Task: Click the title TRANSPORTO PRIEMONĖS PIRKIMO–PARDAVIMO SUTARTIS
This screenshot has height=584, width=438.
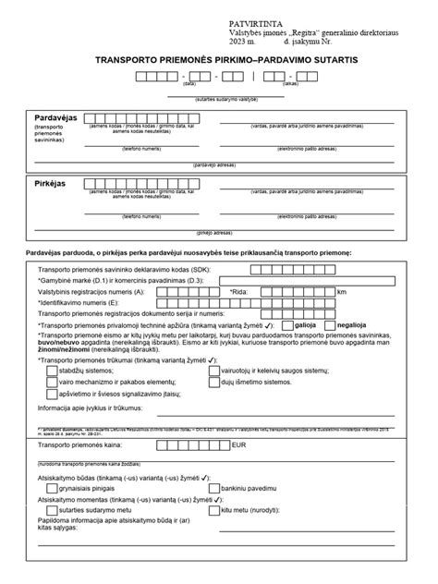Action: pos(220,59)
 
